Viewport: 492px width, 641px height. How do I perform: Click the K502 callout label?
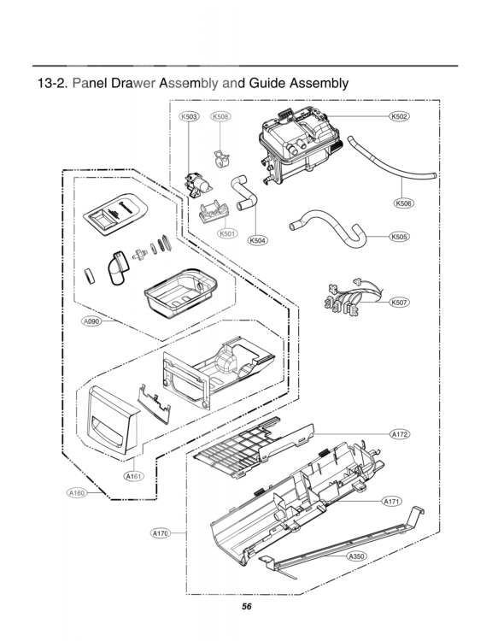click(398, 116)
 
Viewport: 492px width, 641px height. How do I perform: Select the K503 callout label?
click(189, 116)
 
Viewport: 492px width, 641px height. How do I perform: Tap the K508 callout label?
click(220, 116)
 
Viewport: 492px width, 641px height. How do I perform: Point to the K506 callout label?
click(404, 203)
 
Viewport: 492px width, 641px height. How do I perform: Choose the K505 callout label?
click(398, 237)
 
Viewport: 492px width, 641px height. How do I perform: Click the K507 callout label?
click(398, 303)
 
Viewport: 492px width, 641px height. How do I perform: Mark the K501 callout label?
click(226, 233)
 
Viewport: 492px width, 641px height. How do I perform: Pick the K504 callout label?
click(258, 240)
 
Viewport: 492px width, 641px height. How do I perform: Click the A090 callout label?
click(91, 321)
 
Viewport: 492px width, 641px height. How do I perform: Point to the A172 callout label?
click(400, 435)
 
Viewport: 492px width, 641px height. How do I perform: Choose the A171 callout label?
click(392, 501)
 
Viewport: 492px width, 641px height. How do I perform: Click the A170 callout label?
click(160, 533)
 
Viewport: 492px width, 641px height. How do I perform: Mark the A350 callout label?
click(356, 556)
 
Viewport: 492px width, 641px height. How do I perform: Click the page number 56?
click(246, 607)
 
